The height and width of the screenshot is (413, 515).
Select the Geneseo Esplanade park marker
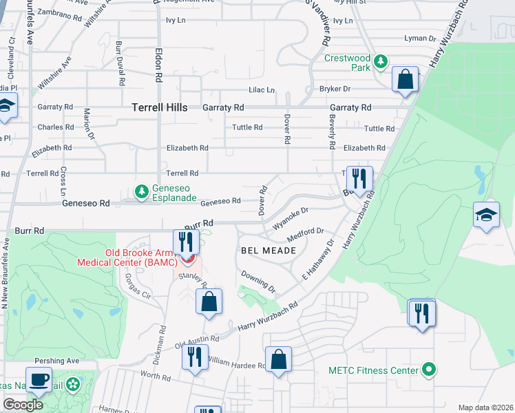pyautogui.click(x=142, y=190)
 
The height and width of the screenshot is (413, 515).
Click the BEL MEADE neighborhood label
pyautogui.click(x=268, y=251)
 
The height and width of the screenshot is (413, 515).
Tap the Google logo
pyautogui.click(x=23, y=405)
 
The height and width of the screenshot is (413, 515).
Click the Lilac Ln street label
pyautogui.click(x=261, y=90)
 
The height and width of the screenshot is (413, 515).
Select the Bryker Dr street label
pyautogui.click(x=335, y=89)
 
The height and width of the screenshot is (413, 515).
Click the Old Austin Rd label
pyautogui.click(x=197, y=341)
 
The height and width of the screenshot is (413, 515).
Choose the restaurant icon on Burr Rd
pyautogui.click(x=186, y=242)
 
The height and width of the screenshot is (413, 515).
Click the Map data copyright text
pyautogui.click(x=485, y=407)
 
